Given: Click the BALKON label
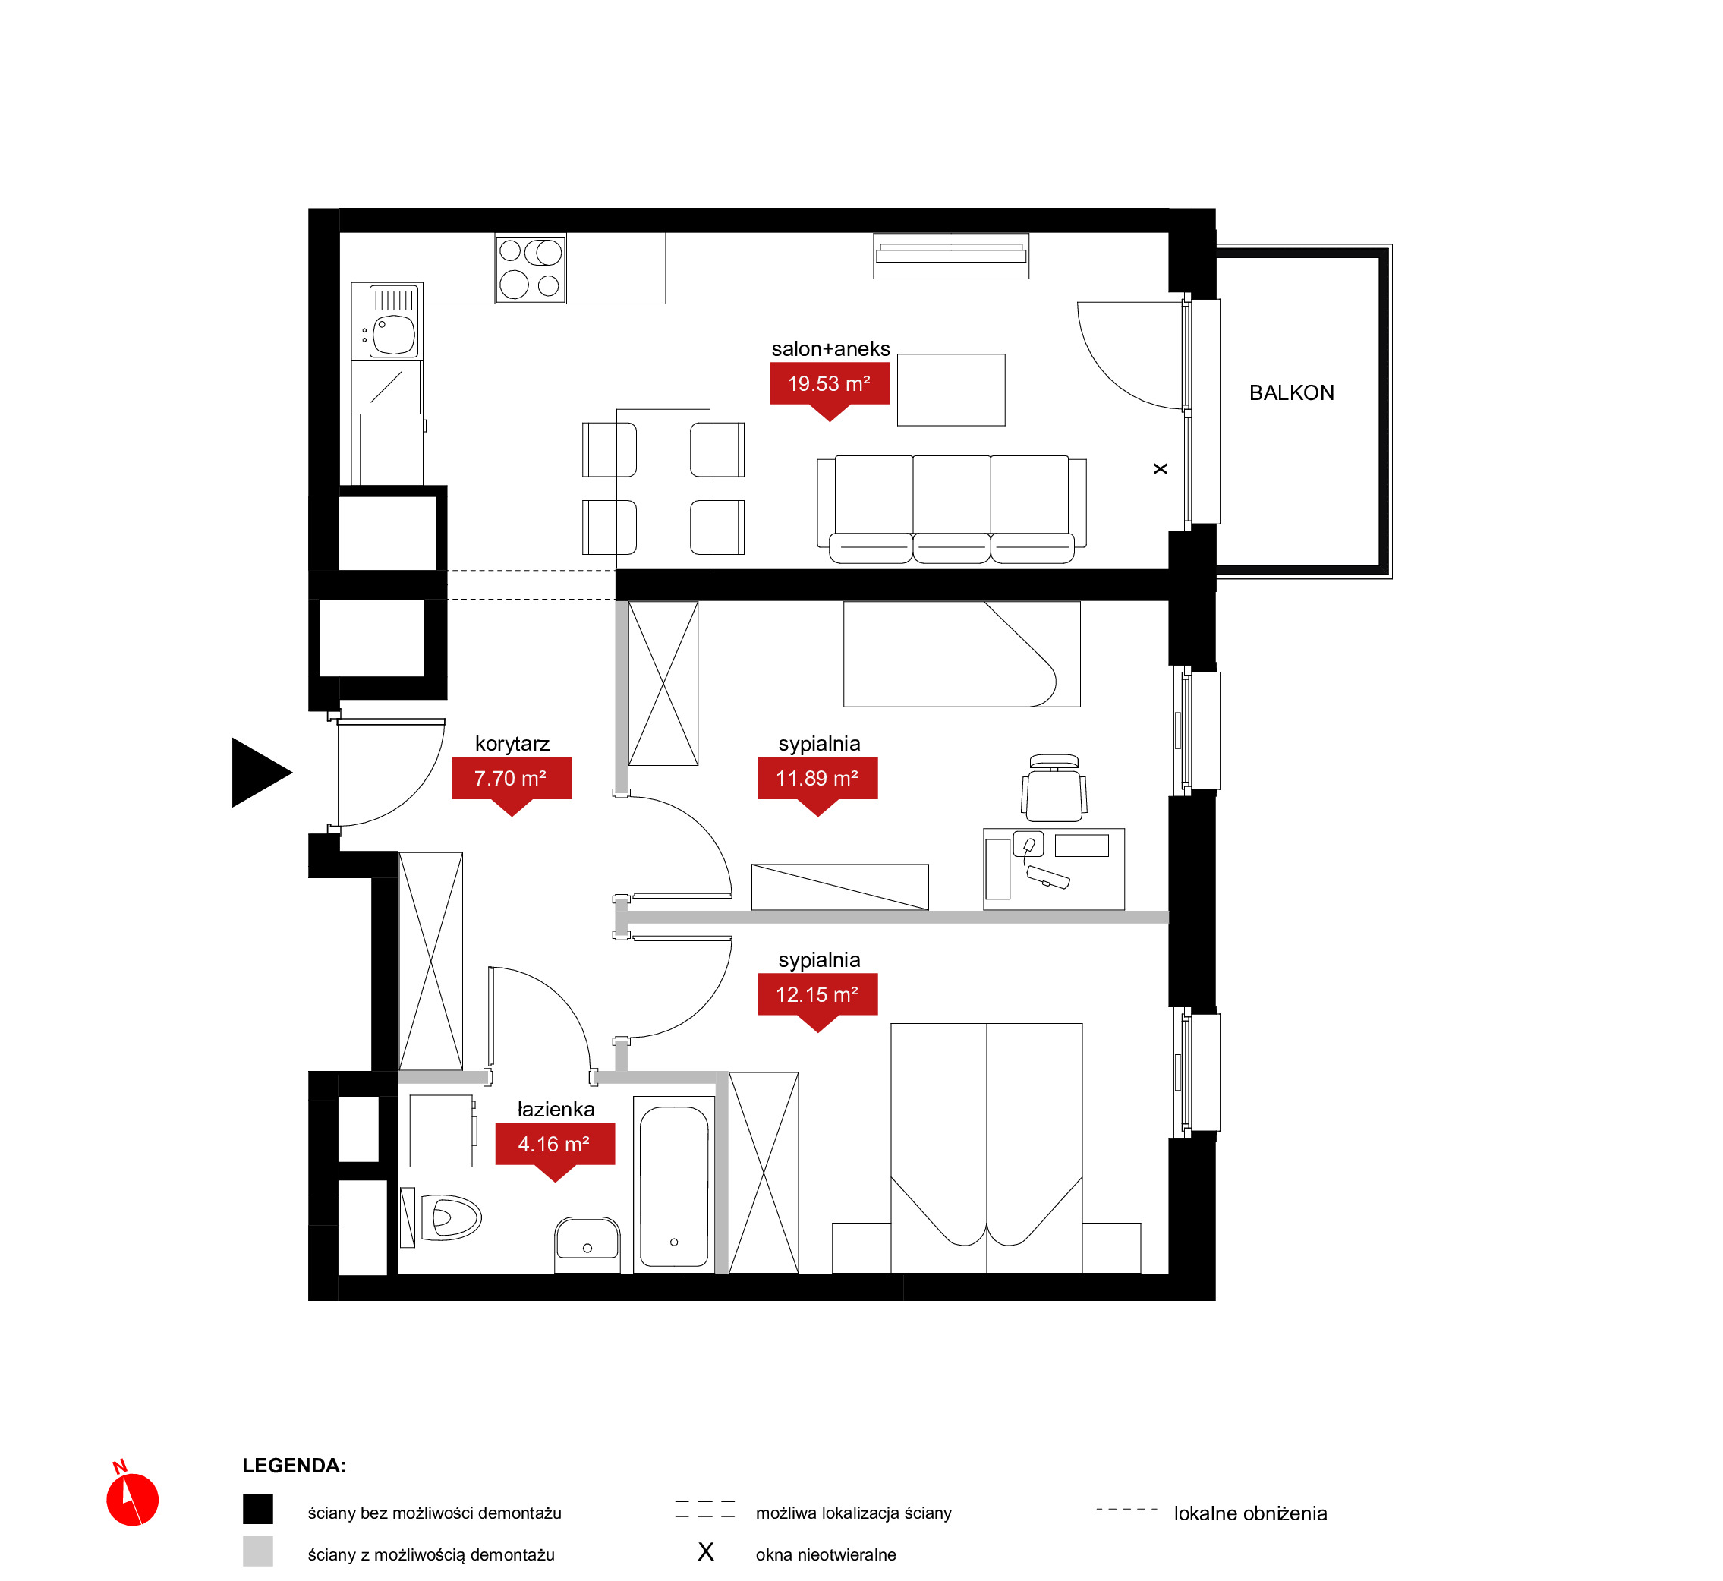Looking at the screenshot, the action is point(1291,392).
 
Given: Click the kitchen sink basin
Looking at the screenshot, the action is point(393,335).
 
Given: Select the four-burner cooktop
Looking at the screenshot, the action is point(531,269).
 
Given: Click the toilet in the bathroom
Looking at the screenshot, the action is point(442,1217).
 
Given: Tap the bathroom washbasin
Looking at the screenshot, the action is point(587,1245).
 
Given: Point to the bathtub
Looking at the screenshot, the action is point(674,1185).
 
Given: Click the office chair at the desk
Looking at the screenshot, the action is point(1054,788).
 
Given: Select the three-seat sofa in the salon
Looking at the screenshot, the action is point(951,509).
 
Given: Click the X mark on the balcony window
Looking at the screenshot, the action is point(1161,469).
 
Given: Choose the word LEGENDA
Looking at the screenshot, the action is point(295,1466).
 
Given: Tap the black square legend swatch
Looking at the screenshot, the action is point(257,1509).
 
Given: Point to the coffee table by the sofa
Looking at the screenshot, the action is point(951,390).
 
